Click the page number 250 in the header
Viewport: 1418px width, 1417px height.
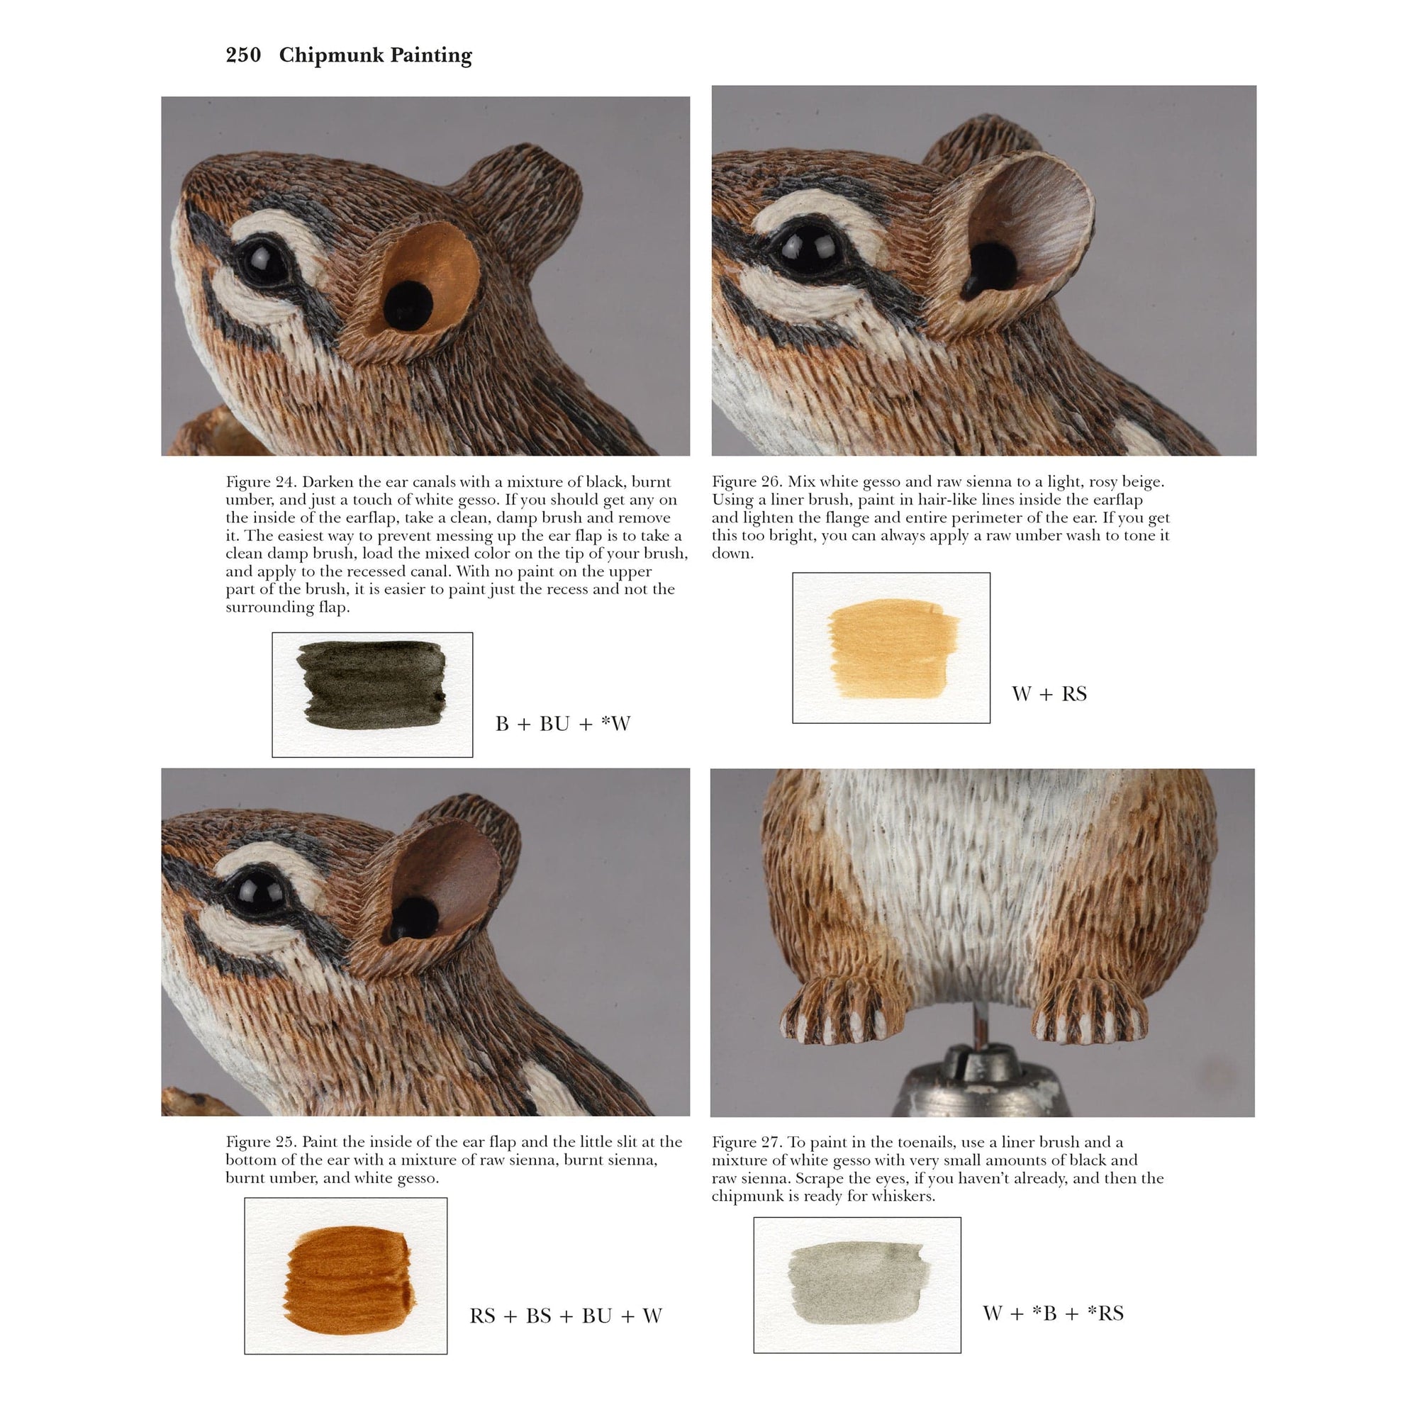[243, 55]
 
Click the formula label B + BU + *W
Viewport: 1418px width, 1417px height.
[562, 724]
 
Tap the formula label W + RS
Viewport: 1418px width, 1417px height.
[1049, 693]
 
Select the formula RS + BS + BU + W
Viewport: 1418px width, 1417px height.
[565, 1316]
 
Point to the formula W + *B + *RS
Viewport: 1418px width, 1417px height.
[1052, 1313]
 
